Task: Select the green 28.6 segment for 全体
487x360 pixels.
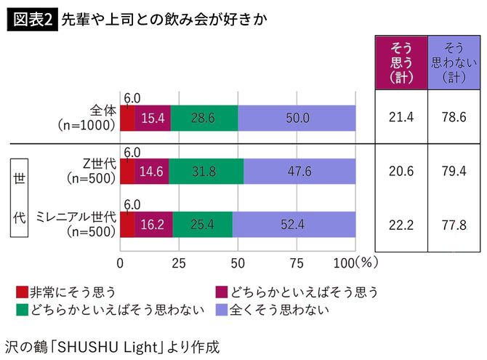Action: [x=204, y=118]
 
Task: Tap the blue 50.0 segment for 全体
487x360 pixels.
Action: [x=297, y=118]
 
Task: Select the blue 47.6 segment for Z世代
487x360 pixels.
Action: [x=299, y=172]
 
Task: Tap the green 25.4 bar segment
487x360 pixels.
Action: [x=202, y=225]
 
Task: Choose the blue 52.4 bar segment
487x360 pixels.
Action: [x=294, y=225]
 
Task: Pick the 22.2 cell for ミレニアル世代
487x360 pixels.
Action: [x=401, y=225]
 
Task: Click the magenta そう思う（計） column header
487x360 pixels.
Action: [x=401, y=63]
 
